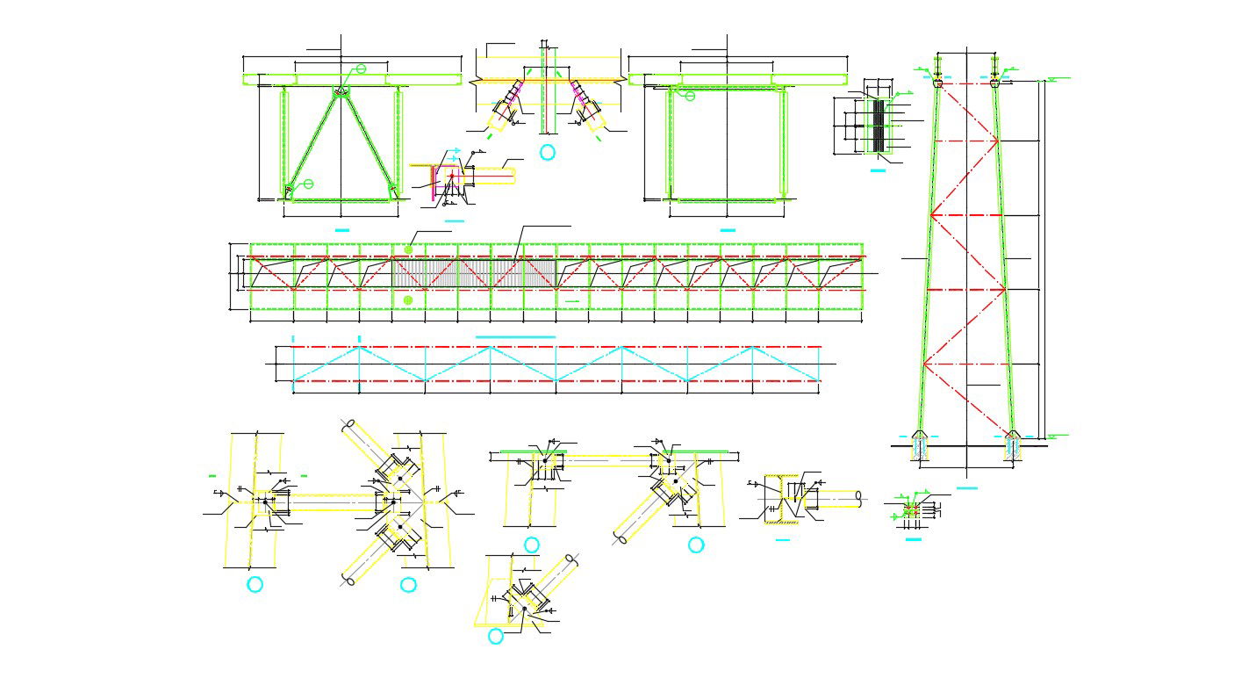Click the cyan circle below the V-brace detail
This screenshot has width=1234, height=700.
547,153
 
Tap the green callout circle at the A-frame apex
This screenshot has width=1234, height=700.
360,69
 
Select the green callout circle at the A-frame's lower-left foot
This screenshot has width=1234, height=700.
308,184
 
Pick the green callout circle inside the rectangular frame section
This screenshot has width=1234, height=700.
690,96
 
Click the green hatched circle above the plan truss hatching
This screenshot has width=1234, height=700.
408,249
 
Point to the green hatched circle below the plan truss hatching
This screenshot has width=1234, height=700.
408,300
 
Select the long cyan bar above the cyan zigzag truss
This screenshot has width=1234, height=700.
515,336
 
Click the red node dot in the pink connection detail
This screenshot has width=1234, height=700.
451,176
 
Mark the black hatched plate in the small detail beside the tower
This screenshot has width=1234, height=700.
878,125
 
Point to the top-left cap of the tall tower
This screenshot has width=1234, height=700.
937,83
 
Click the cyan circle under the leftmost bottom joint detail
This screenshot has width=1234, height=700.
255,584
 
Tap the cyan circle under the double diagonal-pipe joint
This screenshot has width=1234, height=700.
408,584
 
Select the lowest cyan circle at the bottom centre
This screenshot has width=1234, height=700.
496,636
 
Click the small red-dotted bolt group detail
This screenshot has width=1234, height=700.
912,509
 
